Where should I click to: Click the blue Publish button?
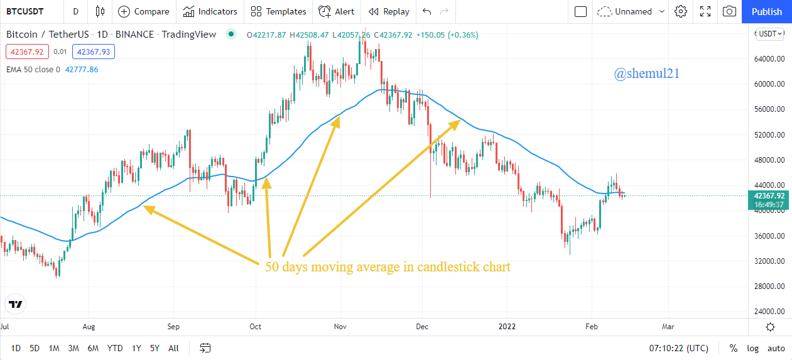click(766, 11)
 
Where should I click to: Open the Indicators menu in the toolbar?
click(210, 11)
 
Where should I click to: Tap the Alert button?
click(336, 11)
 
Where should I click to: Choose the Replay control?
click(389, 11)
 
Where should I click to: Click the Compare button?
click(144, 11)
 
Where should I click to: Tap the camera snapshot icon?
click(729, 11)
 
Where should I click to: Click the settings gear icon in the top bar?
click(681, 11)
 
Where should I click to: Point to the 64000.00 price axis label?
click(769, 59)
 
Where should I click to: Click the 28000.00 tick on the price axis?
click(769, 286)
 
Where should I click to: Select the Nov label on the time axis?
click(340, 327)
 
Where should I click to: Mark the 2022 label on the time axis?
click(507, 327)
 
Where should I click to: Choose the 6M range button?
click(93, 348)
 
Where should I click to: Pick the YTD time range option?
click(115, 348)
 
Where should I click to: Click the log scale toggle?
click(752, 348)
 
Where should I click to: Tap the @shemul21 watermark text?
click(646, 74)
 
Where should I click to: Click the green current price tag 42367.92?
click(769, 196)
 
